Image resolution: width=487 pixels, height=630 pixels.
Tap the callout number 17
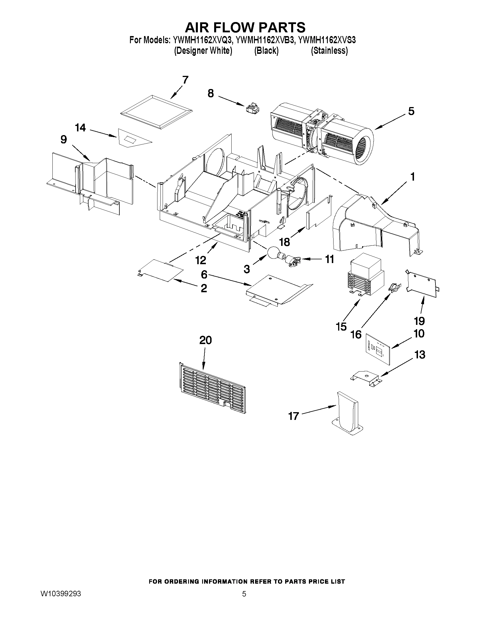[x=293, y=416]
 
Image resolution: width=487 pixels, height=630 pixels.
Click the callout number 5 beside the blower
[x=411, y=111]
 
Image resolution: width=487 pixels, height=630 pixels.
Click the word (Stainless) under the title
[x=329, y=51]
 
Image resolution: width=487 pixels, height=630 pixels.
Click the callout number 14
[x=80, y=127]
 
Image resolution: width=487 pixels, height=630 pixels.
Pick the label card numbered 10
[x=377, y=348]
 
